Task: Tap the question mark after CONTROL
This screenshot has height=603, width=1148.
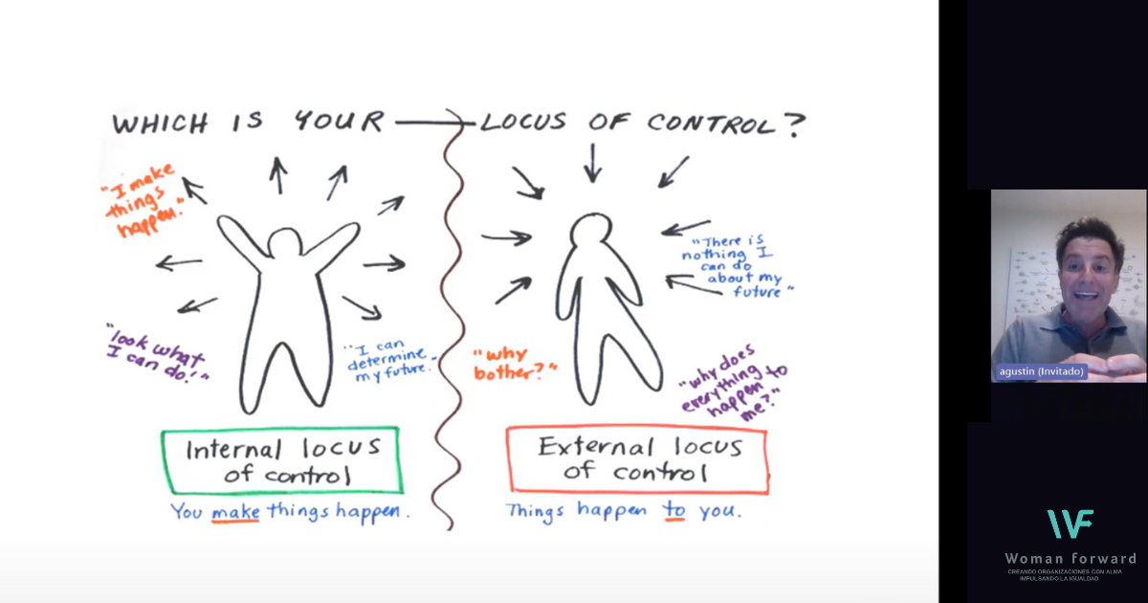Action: point(794,123)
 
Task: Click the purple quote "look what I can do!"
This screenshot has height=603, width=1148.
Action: point(157,351)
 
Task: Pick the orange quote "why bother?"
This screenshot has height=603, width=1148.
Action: point(513,365)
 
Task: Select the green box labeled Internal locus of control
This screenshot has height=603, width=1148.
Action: point(281,460)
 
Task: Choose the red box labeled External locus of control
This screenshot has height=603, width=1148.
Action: point(637,458)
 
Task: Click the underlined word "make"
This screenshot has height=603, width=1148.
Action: point(235,511)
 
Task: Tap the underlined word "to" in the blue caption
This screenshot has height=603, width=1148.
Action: point(675,510)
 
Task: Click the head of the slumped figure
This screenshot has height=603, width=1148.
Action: point(591,233)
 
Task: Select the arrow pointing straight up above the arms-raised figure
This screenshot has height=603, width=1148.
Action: point(278,175)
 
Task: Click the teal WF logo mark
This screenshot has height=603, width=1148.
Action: point(1071,524)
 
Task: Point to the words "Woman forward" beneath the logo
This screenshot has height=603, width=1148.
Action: point(1071,558)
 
